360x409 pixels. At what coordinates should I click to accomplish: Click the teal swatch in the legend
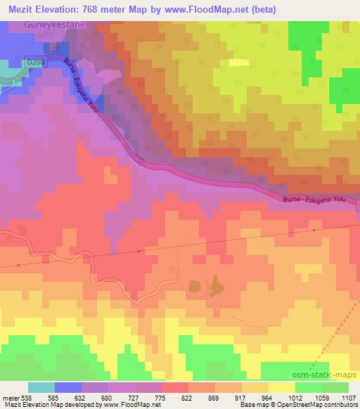tap(41, 387)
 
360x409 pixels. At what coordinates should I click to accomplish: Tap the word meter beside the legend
tap(11, 397)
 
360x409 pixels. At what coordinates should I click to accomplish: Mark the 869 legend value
tap(214, 397)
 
